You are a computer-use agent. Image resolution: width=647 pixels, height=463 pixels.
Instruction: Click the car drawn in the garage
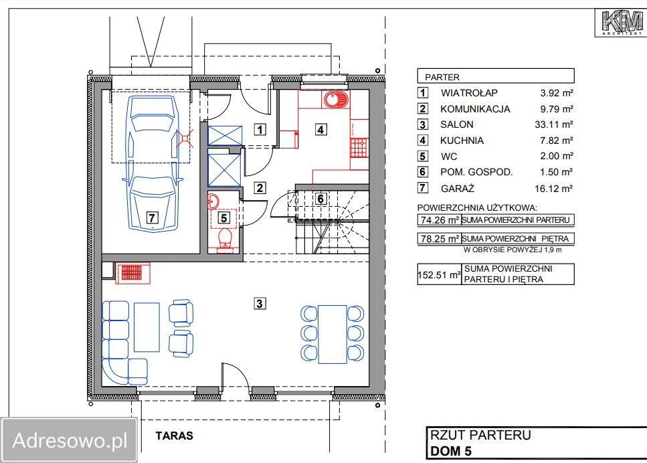pos(153,163)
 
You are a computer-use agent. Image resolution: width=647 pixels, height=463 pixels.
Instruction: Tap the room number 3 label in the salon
pos(260,304)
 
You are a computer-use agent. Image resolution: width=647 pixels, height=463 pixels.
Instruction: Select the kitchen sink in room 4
pos(335,100)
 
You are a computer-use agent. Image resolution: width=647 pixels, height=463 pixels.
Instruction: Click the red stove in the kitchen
pos(359,148)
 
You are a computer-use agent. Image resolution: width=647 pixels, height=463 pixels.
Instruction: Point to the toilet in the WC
pos(224,239)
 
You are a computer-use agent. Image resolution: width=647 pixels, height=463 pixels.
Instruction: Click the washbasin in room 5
pos(213,201)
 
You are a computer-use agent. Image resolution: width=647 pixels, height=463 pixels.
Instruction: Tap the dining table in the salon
pos(333,335)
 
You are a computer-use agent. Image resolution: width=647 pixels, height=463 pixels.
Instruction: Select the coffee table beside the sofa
pos(147,327)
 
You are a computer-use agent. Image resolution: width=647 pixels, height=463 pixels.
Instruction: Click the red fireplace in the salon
pos(132,273)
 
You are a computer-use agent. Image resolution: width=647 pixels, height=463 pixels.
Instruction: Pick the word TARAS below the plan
pos(174,436)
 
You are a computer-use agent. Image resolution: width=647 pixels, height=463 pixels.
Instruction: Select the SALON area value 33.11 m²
pos(554,124)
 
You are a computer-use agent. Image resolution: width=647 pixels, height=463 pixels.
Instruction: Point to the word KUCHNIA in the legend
pos(462,141)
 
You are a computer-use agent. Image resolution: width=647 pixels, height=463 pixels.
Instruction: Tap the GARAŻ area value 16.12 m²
pos(554,189)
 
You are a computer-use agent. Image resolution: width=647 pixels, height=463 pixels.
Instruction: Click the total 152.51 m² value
pos(439,274)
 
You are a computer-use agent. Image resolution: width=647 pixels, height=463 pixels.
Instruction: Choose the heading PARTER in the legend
pos(442,77)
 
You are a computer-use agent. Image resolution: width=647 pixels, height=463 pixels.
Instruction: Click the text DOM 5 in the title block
pos(450,451)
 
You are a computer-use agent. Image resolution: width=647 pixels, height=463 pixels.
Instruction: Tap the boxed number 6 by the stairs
pos(320,199)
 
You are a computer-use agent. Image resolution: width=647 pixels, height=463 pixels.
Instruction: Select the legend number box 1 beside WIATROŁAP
pos(423,92)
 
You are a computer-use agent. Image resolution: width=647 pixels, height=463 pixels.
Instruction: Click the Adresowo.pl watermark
pos(70,440)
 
